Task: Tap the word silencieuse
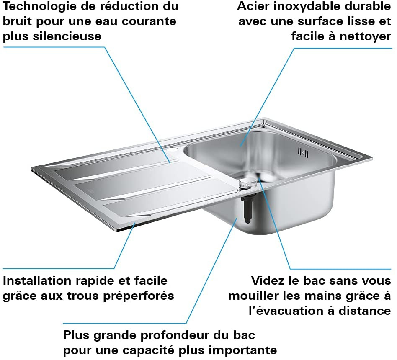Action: pyautogui.click(x=67, y=36)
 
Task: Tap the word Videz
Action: pyautogui.click(x=268, y=281)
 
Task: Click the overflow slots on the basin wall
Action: pyautogui.click(x=303, y=152)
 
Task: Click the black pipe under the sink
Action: pyautogui.click(x=246, y=210)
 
